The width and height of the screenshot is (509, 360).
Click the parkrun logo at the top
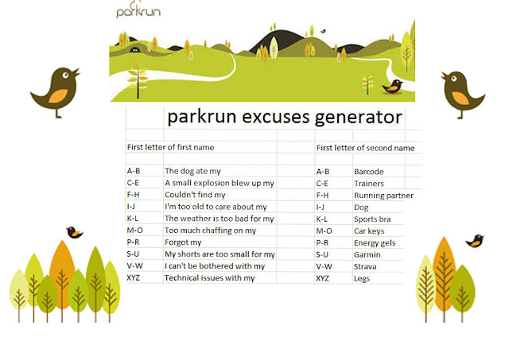pos(138,10)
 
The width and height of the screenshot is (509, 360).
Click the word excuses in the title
pos(276,117)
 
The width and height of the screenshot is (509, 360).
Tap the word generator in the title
pos(359,118)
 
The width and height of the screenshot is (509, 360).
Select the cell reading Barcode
pos(369,172)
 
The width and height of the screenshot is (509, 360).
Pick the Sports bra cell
pos(372,219)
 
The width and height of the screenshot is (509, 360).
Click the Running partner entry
pos(383,195)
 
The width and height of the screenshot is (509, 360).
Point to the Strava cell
pos(365,266)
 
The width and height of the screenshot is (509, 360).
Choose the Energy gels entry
pos(375,243)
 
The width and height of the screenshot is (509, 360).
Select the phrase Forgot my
pos(183,242)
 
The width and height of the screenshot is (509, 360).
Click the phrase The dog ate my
pos(192,171)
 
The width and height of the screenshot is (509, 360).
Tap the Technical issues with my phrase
pos(210,278)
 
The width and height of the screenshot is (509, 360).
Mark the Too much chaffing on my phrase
pos(210,230)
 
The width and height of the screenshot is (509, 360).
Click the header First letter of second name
pos(366,148)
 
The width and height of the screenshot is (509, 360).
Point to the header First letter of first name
pos(171,147)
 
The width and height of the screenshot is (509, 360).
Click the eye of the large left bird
pos(65,75)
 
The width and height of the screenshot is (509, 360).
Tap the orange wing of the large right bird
pos(460,98)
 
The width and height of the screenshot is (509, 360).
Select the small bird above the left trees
pos(74,232)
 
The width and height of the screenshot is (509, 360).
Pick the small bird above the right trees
pos(475,241)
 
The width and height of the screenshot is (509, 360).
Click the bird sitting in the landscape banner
pos(392,87)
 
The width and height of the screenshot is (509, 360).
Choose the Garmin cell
pos(367,255)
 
